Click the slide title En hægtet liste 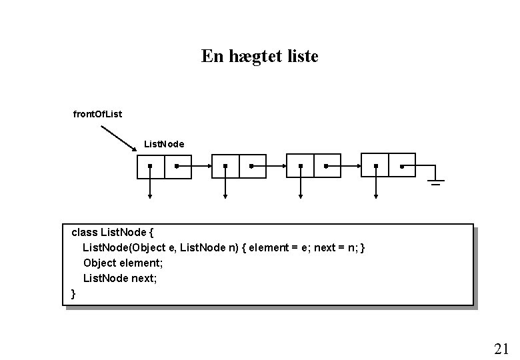(260, 56)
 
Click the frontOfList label (97, 114)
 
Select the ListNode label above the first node (164, 143)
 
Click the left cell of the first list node (150, 166)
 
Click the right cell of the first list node (177, 166)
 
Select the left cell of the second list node (225, 166)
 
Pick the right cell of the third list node (327, 166)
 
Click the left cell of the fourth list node (375, 166)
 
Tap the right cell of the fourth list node (402, 166)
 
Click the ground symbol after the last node (436, 180)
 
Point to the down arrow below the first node (151, 189)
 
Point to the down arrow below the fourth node (376, 189)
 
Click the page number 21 (501, 348)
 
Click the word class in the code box (84, 233)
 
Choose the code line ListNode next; (120, 278)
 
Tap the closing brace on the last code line (73, 293)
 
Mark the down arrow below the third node (301, 189)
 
